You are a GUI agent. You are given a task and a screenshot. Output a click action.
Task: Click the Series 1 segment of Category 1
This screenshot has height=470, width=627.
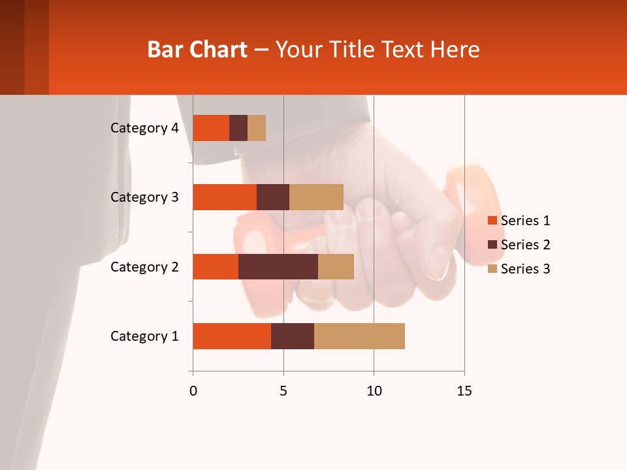pyautogui.click(x=232, y=336)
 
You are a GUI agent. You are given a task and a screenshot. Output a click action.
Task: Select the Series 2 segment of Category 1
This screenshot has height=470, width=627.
pyautogui.click(x=293, y=336)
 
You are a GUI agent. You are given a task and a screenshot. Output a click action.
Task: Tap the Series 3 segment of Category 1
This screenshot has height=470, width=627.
pyautogui.click(x=359, y=336)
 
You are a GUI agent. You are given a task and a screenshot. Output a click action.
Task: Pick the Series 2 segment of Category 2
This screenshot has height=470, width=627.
pyautogui.click(x=278, y=266)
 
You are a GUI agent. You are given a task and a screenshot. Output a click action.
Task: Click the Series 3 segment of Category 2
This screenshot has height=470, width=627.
pyautogui.click(x=336, y=266)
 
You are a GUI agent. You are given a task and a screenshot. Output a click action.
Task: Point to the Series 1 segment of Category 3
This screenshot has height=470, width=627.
pyautogui.click(x=225, y=197)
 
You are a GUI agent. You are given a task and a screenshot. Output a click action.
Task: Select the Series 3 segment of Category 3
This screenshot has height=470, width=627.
pyautogui.click(x=316, y=197)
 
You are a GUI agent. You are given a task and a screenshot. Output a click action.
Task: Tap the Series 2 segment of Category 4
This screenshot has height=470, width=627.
pyautogui.click(x=238, y=128)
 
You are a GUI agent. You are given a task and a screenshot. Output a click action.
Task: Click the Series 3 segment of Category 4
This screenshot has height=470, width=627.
pyautogui.click(x=257, y=128)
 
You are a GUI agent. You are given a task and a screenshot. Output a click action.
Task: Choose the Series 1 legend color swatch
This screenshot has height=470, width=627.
pyautogui.click(x=492, y=221)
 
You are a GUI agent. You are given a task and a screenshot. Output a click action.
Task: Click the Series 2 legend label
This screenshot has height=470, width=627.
pyautogui.click(x=525, y=245)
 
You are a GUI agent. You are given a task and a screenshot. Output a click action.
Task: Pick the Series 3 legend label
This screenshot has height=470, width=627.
pyautogui.click(x=525, y=269)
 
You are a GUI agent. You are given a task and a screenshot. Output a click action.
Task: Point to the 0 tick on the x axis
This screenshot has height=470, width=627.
pyautogui.click(x=193, y=391)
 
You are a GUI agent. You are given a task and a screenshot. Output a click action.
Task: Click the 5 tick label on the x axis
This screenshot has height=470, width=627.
pyautogui.click(x=283, y=391)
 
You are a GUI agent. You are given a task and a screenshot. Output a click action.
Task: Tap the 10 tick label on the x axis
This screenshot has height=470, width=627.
pyautogui.click(x=374, y=391)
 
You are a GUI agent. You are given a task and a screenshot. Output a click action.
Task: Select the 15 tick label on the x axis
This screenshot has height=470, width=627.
pyautogui.click(x=464, y=391)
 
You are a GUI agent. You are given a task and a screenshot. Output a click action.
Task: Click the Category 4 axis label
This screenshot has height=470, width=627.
pyautogui.click(x=144, y=128)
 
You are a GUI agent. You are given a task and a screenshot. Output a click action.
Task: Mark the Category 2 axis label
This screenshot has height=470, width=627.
pyautogui.click(x=144, y=266)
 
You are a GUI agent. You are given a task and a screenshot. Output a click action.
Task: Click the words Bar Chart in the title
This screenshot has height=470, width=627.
pyautogui.click(x=197, y=50)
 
